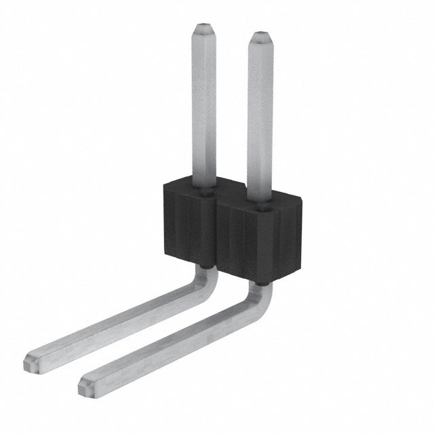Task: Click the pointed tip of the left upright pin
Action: [204, 31]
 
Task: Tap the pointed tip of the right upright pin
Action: [260, 36]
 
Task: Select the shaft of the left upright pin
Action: [204, 108]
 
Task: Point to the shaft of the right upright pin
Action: [260, 115]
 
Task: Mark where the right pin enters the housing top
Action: [260, 198]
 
